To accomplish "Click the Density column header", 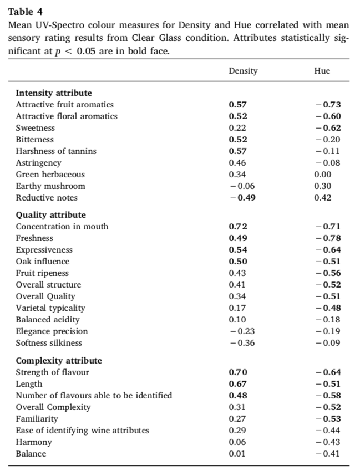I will pos(243,71).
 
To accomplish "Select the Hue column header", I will pos(322,71).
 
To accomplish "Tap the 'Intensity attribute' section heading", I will pos(54,93).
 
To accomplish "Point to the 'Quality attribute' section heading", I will pos(50,215).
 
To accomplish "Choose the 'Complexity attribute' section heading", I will pos(58,361).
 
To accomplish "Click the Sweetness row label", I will pos(35,128).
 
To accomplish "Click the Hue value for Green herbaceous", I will pos(322,175).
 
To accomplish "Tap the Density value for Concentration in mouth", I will pos(238,227).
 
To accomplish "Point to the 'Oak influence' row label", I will pos(43,262).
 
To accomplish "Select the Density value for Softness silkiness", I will pos(242,342).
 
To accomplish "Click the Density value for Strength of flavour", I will pos(238,372).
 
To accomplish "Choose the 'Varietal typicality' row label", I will pos(50,308).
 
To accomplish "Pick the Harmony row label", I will pos(33,442).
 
